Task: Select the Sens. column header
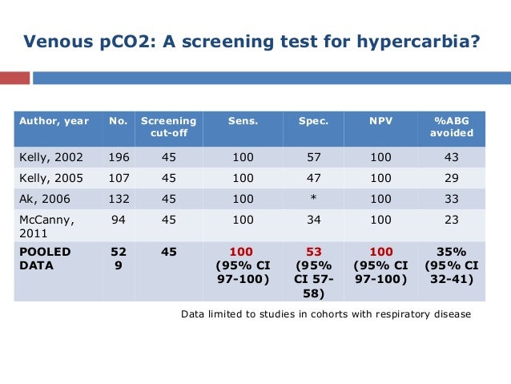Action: click(x=243, y=121)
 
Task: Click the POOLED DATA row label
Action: click(x=46, y=257)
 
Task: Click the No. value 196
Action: click(x=119, y=158)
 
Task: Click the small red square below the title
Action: click(x=14, y=79)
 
